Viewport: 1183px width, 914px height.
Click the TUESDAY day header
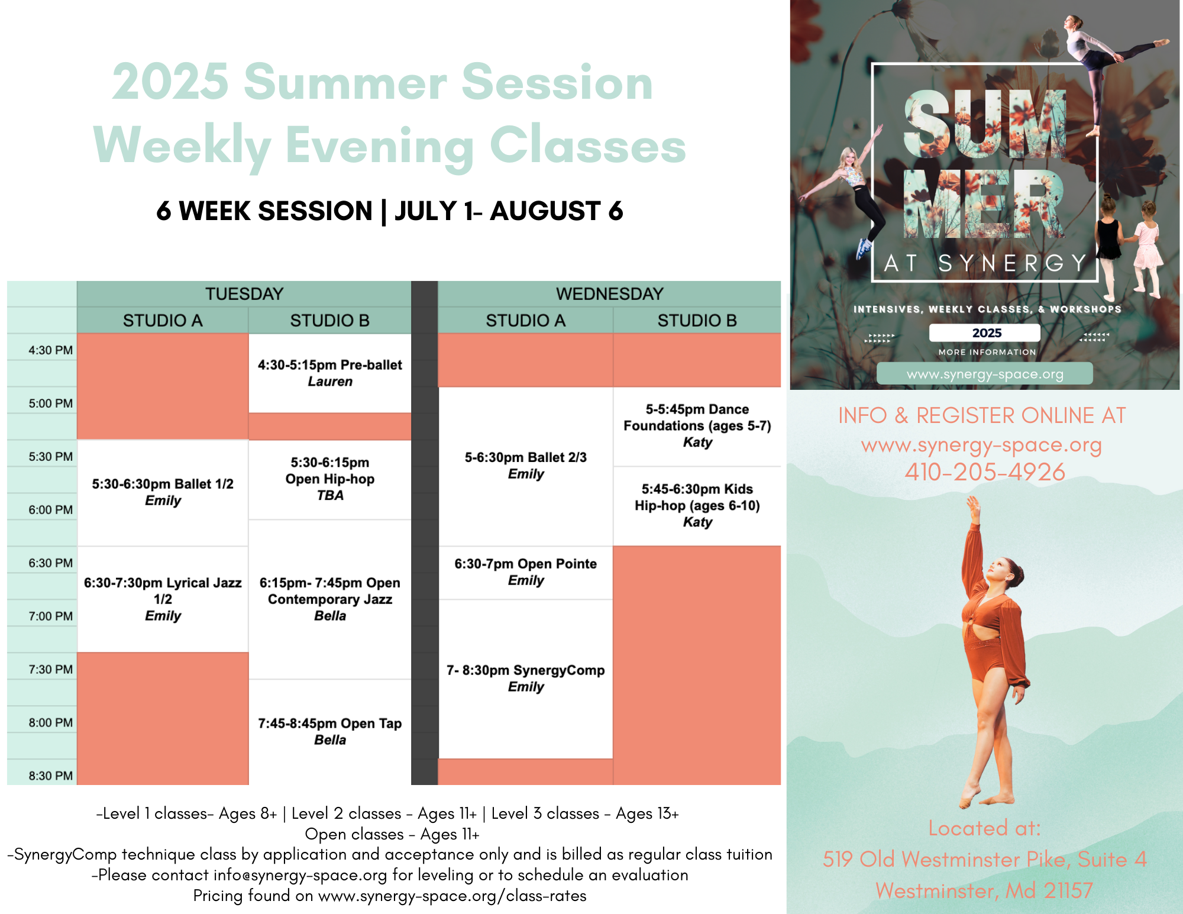tap(244, 294)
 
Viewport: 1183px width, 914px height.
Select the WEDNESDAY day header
tap(609, 294)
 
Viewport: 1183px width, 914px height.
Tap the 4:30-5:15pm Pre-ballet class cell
tap(329, 373)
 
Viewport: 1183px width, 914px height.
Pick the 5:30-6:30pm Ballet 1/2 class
tap(163, 492)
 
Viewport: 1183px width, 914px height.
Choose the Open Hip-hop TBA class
tap(329, 479)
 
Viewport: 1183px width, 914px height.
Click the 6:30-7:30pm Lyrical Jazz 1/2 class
tap(163, 599)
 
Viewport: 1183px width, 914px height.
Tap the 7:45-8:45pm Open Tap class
tap(329, 731)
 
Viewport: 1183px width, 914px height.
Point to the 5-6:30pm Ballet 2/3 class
tap(525, 466)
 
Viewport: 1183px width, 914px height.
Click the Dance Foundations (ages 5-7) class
tap(697, 425)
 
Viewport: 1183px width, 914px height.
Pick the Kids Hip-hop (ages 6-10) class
tap(697, 505)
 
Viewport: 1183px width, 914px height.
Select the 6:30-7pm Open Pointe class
tap(525, 572)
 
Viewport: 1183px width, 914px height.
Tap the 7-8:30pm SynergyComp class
tap(525, 678)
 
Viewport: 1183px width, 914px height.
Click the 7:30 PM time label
tap(50, 669)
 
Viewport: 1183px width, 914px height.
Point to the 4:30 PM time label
tap(50, 350)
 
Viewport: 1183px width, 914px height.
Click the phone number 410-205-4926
tap(985, 472)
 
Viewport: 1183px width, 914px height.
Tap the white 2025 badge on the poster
tap(985, 332)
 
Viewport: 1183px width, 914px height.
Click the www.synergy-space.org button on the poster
tap(985, 374)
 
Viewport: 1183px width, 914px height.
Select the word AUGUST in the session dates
tap(545, 211)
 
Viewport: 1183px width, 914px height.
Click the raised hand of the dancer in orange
tap(973, 507)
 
